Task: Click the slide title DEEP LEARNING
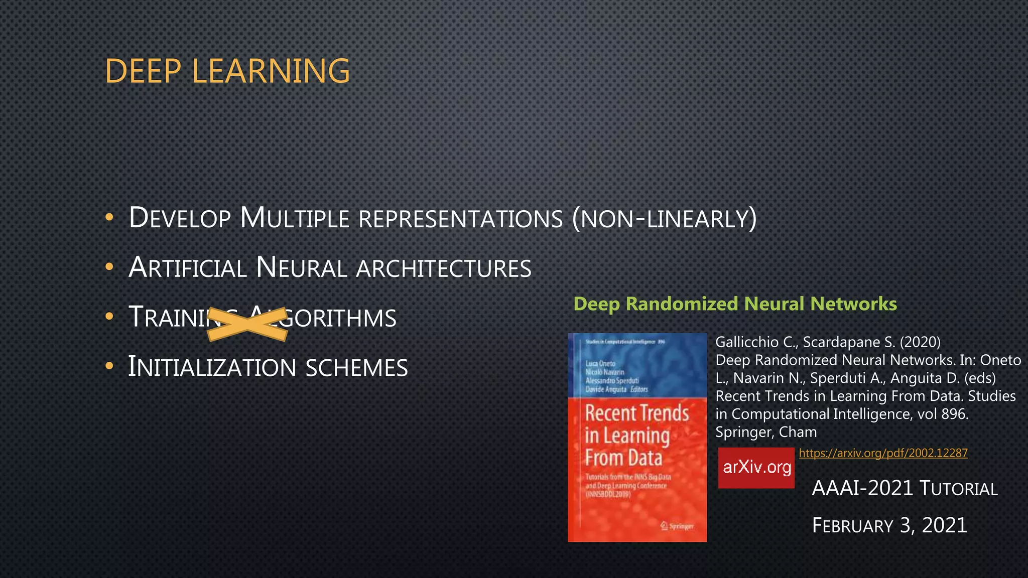coord(227,71)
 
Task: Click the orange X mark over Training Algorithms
coord(247,324)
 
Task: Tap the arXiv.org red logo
coord(756,468)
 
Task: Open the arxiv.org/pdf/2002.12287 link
coord(883,453)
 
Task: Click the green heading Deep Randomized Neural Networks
coord(735,304)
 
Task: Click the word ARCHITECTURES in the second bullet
coord(444,268)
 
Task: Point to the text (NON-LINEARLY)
coord(664,219)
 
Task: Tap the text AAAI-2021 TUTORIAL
coord(905,489)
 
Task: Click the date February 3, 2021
coord(889,525)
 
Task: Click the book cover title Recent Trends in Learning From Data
coord(636,436)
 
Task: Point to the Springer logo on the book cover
coord(677,526)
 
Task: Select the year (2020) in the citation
coord(920,342)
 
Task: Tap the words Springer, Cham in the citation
coord(766,432)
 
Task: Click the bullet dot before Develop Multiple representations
coord(109,218)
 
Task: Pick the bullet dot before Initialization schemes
coord(109,367)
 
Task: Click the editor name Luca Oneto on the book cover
coord(600,364)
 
